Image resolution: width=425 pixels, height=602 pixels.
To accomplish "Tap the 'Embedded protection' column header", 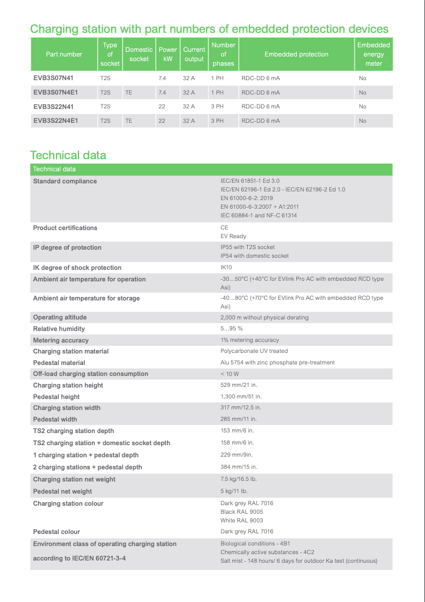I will (x=296, y=54).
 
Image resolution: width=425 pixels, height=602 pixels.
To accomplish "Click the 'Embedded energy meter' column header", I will (x=374, y=54).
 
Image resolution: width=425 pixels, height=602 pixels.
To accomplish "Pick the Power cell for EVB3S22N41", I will (x=162, y=107).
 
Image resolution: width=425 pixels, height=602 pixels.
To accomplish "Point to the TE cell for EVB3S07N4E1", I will (x=129, y=92).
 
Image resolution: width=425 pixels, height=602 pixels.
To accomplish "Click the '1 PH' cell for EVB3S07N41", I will (x=217, y=78).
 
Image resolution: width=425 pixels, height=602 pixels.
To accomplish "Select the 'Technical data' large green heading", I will (x=68, y=155).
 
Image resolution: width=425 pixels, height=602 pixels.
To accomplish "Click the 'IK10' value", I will (x=226, y=268).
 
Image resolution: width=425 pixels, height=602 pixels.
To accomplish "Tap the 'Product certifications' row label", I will (x=65, y=228).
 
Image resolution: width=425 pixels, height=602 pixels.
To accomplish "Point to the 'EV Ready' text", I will (x=233, y=236).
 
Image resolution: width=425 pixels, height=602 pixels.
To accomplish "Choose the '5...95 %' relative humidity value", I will (x=232, y=329).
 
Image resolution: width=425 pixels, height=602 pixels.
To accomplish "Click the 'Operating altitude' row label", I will (x=59, y=317).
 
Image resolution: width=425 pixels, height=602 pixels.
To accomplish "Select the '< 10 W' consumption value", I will (x=230, y=374).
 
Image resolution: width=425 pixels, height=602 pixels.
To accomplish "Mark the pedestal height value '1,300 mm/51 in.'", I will (x=241, y=397).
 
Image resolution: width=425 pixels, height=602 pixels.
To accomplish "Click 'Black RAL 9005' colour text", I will (x=241, y=512).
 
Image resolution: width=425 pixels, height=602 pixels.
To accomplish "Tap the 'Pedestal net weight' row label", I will (x=62, y=491).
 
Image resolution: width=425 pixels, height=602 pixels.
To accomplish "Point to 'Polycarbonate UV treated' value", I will (x=254, y=351).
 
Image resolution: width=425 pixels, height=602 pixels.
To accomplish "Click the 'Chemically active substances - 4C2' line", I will (x=267, y=552).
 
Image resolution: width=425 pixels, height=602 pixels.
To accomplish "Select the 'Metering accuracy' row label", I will (x=61, y=340).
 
